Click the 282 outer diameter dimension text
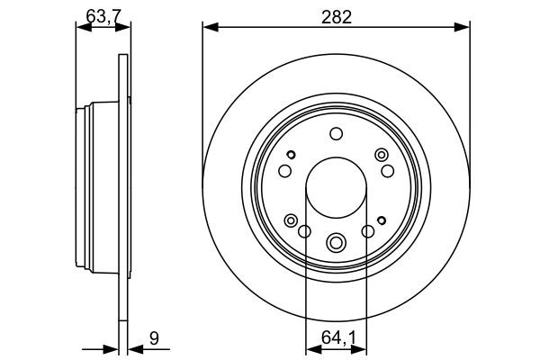point(337,15)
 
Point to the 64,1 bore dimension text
point(336,338)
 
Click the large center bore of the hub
point(336,190)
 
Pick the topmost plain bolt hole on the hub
point(336,134)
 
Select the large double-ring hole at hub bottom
point(337,241)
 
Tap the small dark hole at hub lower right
point(382,219)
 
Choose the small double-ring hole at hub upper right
point(380,157)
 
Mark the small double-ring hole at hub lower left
point(291,220)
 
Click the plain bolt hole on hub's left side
point(284,171)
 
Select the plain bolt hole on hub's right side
point(388,170)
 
